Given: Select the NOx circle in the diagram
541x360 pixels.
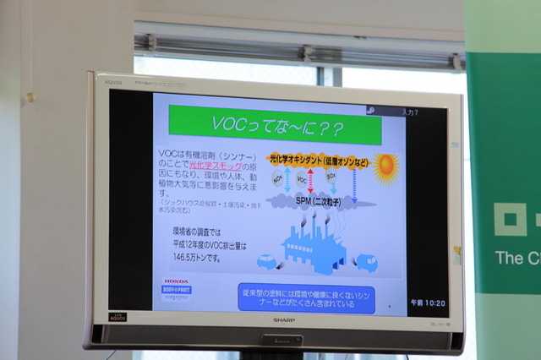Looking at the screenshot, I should pos(277,178).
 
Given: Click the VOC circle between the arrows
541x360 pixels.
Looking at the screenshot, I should pos(302,180).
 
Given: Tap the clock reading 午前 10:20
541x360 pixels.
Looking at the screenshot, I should pos(427,303).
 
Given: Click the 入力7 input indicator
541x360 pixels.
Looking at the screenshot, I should pos(411,112).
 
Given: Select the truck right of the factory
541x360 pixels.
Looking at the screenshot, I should pos(366,262).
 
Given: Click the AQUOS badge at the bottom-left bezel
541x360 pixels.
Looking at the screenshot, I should pos(117,317).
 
